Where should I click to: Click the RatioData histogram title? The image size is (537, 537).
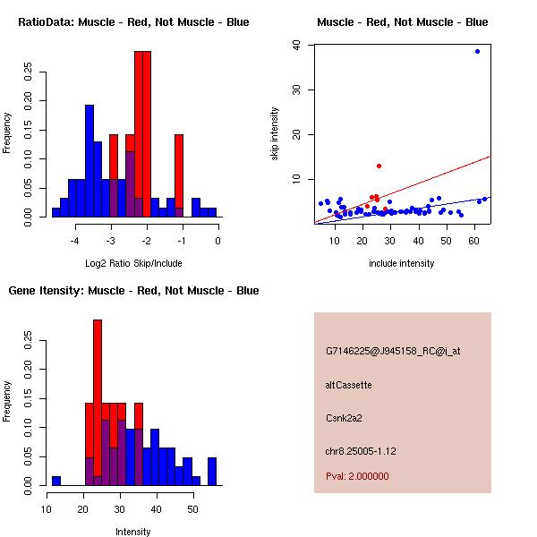[x=133, y=21]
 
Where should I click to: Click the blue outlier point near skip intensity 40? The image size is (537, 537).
[x=477, y=51]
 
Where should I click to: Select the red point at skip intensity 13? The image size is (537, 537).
[x=379, y=166]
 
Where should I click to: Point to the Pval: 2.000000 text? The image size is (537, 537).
[x=357, y=476]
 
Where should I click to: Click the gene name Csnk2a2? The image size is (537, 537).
[x=344, y=417]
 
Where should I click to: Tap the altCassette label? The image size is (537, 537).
[x=348, y=385]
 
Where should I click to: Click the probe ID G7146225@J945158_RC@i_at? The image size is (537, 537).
[x=392, y=352]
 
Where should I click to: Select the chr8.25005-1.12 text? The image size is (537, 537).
[x=361, y=450]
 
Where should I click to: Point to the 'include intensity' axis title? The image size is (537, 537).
[x=402, y=263]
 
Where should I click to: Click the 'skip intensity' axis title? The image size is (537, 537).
[x=275, y=134]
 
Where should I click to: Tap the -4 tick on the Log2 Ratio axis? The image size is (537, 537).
[x=75, y=240]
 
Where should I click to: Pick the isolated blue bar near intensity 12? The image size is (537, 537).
[x=56, y=480]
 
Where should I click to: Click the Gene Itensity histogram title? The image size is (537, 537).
[x=133, y=290]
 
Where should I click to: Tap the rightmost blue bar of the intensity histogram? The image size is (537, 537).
[x=212, y=471]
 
